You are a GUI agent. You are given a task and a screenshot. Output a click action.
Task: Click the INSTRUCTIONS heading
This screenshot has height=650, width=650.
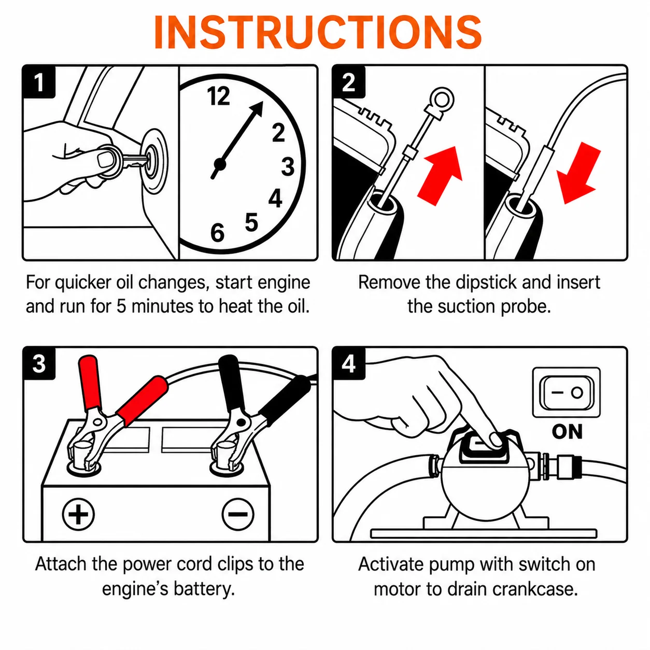click(x=317, y=32)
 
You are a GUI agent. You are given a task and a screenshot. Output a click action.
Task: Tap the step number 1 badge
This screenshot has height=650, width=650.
click(x=39, y=81)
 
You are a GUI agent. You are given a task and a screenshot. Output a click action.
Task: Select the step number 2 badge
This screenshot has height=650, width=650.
click(x=348, y=81)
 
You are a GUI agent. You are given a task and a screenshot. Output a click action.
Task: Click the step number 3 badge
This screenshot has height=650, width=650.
click(x=39, y=364)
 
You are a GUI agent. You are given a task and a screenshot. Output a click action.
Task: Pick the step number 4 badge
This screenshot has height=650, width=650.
click(x=348, y=364)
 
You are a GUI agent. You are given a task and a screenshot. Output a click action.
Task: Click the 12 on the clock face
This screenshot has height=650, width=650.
click(x=218, y=96)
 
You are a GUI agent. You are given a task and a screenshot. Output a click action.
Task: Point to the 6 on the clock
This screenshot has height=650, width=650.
click(x=217, y=233)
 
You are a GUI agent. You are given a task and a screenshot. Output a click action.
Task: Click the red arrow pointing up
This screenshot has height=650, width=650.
click(x=440, y=175)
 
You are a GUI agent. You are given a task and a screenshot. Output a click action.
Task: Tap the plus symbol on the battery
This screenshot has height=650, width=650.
click(x=79, y=515)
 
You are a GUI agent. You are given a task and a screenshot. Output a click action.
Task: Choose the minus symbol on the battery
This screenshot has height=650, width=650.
click(x=238, y=515)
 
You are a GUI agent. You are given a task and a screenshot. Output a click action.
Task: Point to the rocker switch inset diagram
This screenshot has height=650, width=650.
click(x=567, y=392)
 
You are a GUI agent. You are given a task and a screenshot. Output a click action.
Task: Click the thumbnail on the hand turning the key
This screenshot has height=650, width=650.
click(x=105, y=159)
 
